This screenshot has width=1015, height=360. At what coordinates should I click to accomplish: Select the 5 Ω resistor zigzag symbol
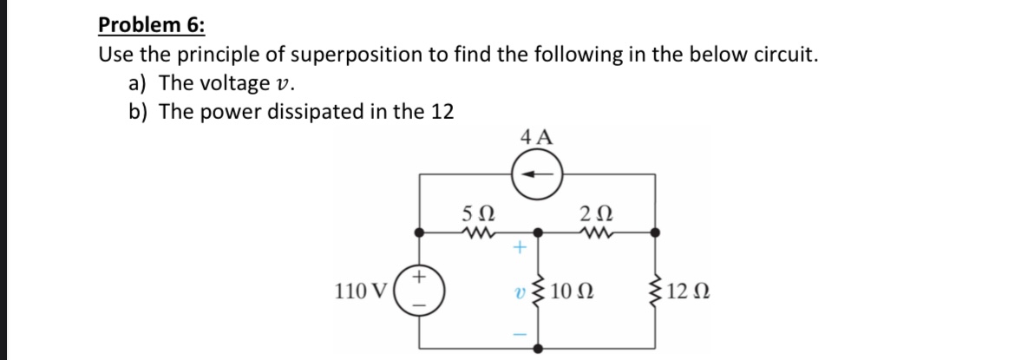(478, 232)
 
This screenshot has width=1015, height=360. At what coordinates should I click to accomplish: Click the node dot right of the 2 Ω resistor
(655, 232)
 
